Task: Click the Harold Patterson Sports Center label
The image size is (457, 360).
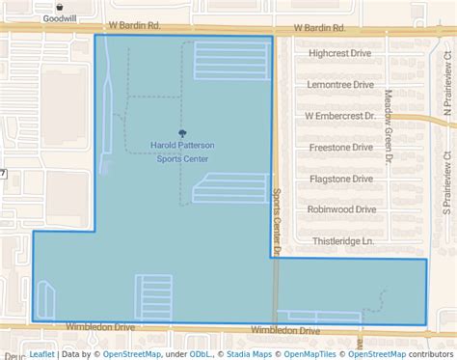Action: coord(182,152)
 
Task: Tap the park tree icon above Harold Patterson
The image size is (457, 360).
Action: coord(182,134)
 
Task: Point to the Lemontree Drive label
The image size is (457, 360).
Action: coord(341,85)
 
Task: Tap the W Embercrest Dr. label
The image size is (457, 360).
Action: coord(338,116)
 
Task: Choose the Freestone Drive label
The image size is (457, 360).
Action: coord(341,148)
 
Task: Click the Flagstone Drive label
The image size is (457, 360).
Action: coord(341,179)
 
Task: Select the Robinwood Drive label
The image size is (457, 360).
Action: coord(341,208)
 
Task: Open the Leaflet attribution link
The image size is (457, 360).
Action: coord(41,353)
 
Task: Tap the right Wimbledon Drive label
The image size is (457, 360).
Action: coord(285,330)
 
